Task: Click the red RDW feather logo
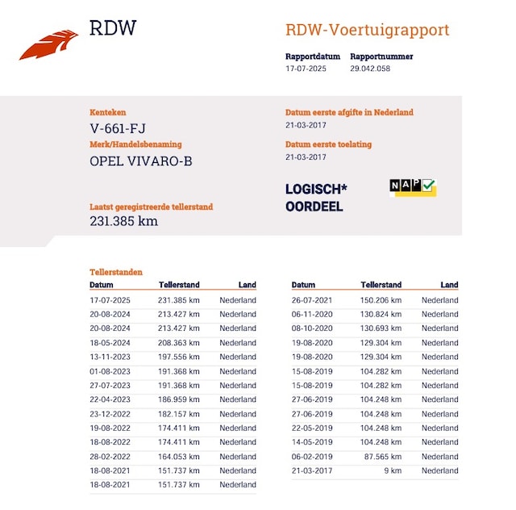click(x=48, y=44)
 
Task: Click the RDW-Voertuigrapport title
click(x=368, y=30)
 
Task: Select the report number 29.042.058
click(x=370, y=69)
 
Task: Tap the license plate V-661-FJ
click(x=118, y=128)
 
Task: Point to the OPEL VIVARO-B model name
click(x=141, y=161)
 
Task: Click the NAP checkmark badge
click(x=413, y=187)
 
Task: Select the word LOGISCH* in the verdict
click(x=316, y=189)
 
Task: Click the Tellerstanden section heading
click(x=116, y=272)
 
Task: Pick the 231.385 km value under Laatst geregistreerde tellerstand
click(x=123, y=221)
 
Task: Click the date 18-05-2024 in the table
click(x=110, y=343)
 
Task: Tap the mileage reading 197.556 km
click(x=179, y=357)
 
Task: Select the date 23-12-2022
click(x=110, y=414)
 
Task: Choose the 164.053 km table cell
click(x=179, y=457)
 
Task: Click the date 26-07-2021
click(x=312, y=300)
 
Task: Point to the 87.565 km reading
click(x=383, y=457)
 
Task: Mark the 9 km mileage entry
click(x=393, y=470)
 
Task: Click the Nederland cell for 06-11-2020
click(x=440, y=314)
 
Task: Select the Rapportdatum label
click(x=313, y=56)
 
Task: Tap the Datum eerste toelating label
click(x=328, y=144)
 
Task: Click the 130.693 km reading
click(x=381, y=328)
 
